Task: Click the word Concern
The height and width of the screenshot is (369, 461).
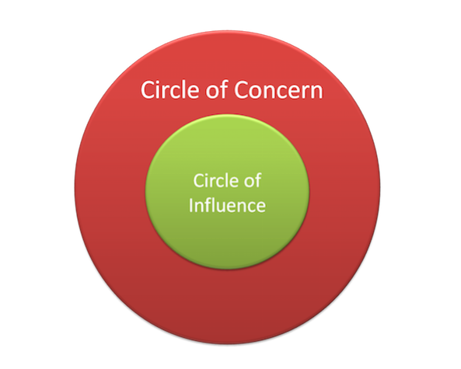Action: pyautogui.click(x=278, y=89)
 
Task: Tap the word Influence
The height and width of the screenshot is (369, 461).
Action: pyautogui.click(x=227, y=204)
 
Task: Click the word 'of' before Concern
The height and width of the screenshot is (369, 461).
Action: pyautogui.click(x=217, y=89)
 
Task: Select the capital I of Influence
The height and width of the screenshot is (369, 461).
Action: pyautogui.click(x=190, y=204)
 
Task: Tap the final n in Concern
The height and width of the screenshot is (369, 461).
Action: pyautogui.click(x=316, y=92)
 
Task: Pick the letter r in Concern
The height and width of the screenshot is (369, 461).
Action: pyautogui.click(x=303, y=92)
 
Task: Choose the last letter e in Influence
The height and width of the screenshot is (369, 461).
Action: pyautogui.click(x=260, y=207)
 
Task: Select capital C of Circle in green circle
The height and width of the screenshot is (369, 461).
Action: pyautogui.click(x=198, y=180)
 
